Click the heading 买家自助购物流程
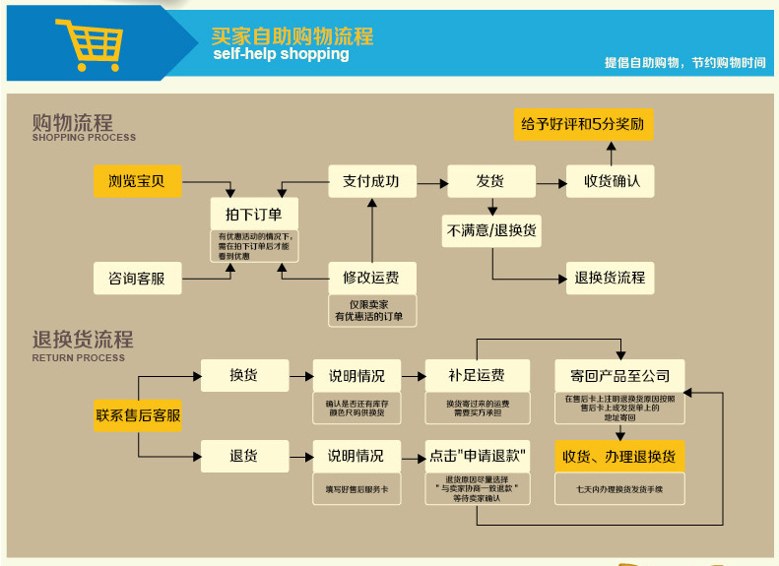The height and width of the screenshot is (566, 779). tap(292, 36)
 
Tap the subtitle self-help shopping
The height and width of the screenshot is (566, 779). tap(281, 55)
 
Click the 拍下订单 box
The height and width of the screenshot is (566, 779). tap(254, 214)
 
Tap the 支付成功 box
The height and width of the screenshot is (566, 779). tap(371, 181)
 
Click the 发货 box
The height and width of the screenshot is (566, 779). tap(490, 181)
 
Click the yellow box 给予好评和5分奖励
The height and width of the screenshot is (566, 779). tap(584, 125)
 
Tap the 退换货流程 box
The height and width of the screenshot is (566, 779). tap(611, 278)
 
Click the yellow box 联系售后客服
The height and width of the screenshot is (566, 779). tap(138, 415)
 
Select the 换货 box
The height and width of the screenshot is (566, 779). tap(244, 375)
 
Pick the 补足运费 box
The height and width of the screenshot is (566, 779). tap(477, 375)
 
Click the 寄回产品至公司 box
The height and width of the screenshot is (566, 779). tap(619, 375)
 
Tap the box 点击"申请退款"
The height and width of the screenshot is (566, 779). tap(478, 456)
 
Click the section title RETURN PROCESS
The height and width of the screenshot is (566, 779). tap(79, 358)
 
